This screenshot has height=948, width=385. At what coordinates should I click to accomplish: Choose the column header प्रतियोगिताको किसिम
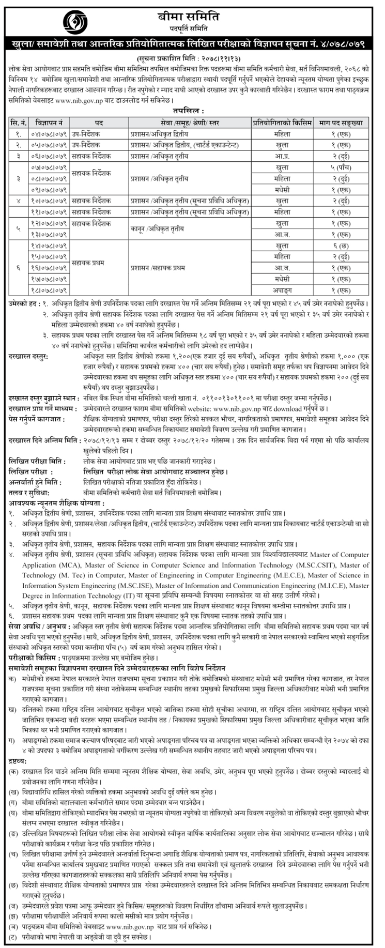[x=282, y=123]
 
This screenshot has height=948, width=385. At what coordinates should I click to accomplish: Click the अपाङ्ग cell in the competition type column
[x=282, y=290]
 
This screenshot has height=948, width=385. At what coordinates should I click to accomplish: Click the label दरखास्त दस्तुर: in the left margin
[x=29, y=357]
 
